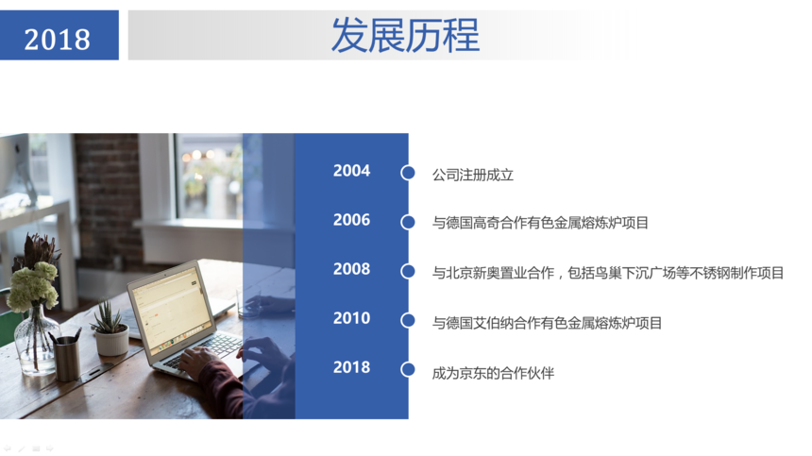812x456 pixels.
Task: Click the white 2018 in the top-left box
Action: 57,40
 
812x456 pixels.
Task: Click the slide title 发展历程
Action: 405,35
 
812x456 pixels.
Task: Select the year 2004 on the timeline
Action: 351,170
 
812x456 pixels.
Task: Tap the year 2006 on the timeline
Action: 351,219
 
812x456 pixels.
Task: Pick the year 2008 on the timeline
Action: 351,269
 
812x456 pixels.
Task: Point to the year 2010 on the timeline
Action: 351,318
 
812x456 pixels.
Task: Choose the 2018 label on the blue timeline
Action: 351,367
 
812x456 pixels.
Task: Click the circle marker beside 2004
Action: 408,173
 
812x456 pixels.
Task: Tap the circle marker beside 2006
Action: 408,222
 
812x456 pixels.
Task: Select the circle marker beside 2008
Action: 408,271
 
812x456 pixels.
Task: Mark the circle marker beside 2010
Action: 408,320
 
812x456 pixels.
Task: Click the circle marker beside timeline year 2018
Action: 408,369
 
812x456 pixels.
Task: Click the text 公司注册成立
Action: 473,175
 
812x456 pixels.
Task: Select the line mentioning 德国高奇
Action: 540,223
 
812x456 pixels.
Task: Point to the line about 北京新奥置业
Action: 608,273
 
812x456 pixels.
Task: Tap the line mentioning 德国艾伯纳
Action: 547,323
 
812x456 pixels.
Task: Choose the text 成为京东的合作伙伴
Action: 493,373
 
